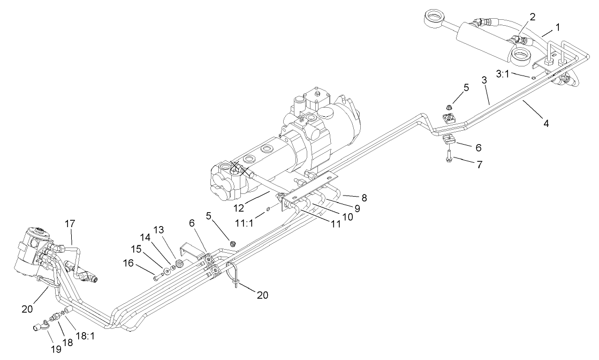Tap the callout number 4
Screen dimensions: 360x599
546,123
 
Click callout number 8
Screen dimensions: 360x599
364,198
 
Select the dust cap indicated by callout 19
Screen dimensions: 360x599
40,327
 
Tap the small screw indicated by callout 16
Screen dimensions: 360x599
156,277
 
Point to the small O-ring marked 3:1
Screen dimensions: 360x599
534,77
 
